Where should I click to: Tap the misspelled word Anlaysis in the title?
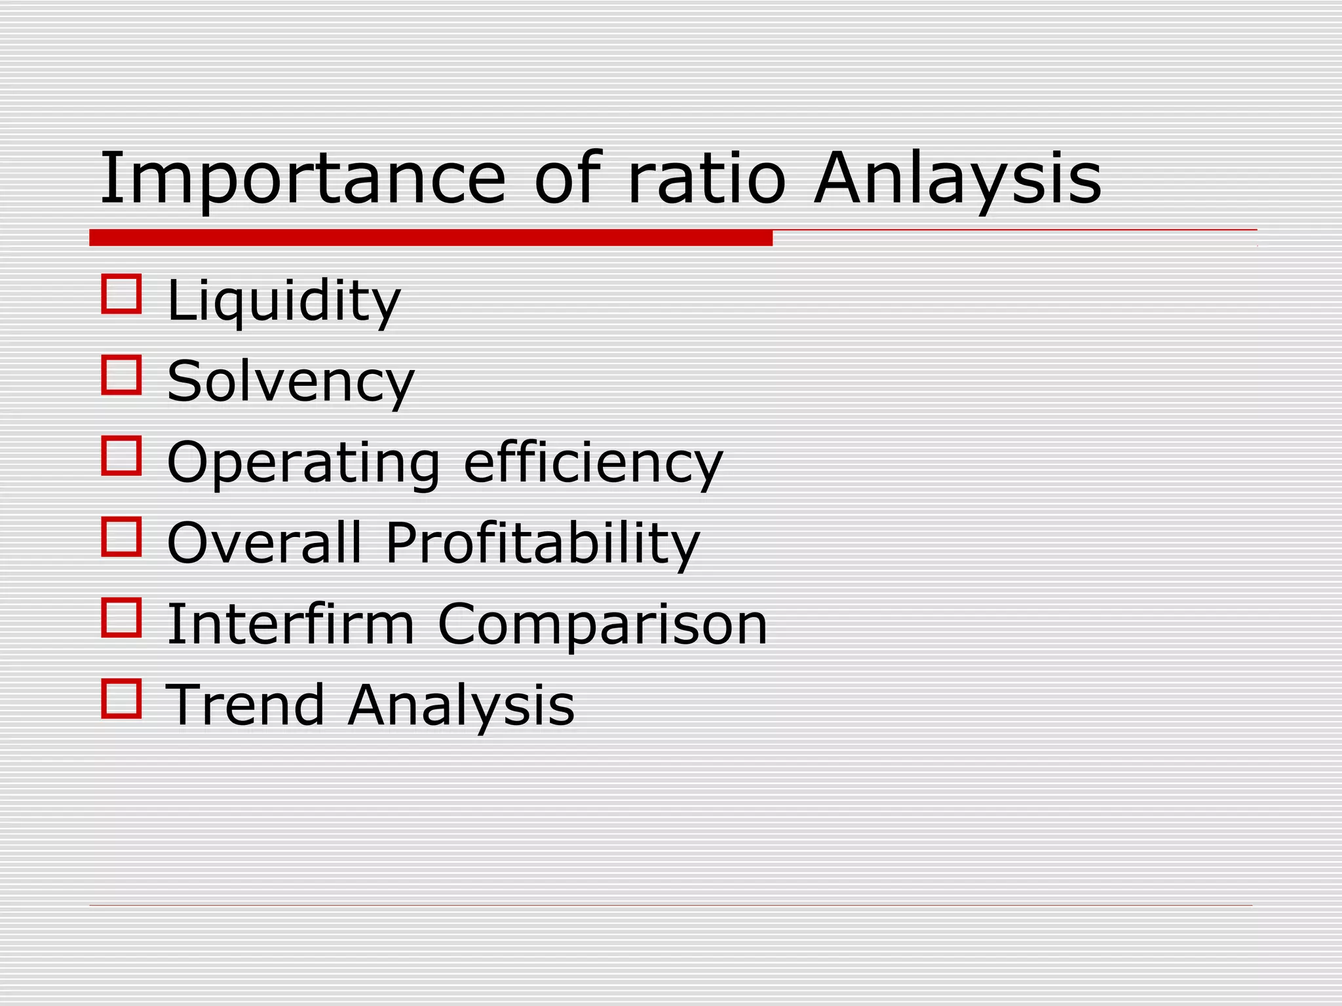tap(957, 179)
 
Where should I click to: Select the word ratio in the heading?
tap(706, 179)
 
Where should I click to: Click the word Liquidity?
tap(283, 301)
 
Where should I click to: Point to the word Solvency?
tap(290, 382)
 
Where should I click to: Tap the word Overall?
tap(264, 544)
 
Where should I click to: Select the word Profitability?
tap(543, 544)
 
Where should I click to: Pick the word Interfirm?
tap(291, 624)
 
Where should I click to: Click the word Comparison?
tap(602, 624)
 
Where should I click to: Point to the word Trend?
tap(245, 705)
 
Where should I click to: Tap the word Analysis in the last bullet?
tap(461, 705)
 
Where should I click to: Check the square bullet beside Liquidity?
tap(122, 294)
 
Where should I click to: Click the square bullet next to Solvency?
tap(122, 375)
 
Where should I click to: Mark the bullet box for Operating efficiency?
tap(122, 456)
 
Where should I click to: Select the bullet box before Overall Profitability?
tap(122, 537)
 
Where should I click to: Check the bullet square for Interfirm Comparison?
tap(122, 618)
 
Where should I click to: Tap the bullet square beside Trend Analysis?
tap(122, 698)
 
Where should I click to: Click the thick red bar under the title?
tap(431, 238)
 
